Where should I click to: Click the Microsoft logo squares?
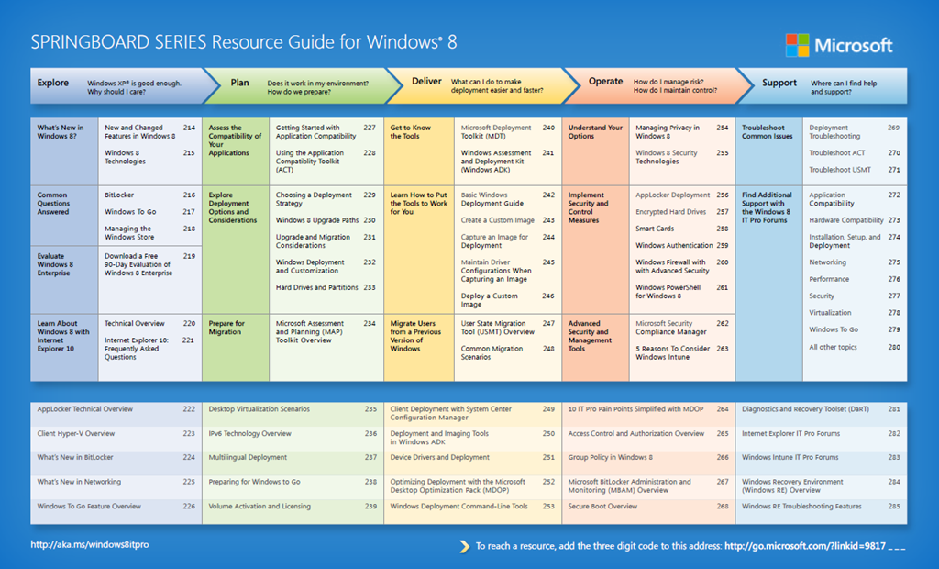[x=797, y=45]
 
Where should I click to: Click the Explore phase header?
[x=53, y=83]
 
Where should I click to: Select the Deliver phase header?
[x=426, y=82]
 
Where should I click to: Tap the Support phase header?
[x=779, y=83]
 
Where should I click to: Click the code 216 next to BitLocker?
[x=189, y=195]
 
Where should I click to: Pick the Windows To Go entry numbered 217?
[x=130, y=212]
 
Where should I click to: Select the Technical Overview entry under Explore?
[x=135, y=323]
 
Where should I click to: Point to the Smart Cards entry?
[x=655, y=229]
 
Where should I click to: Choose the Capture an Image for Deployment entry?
[x=494, y=241]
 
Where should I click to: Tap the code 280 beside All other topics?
[x=893, y=348]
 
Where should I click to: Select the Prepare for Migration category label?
[x=226, y=328]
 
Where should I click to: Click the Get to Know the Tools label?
[x=411, y=132]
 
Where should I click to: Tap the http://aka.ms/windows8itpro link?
[x=90, y=544]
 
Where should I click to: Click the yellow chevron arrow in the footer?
[x=464, y=546]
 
